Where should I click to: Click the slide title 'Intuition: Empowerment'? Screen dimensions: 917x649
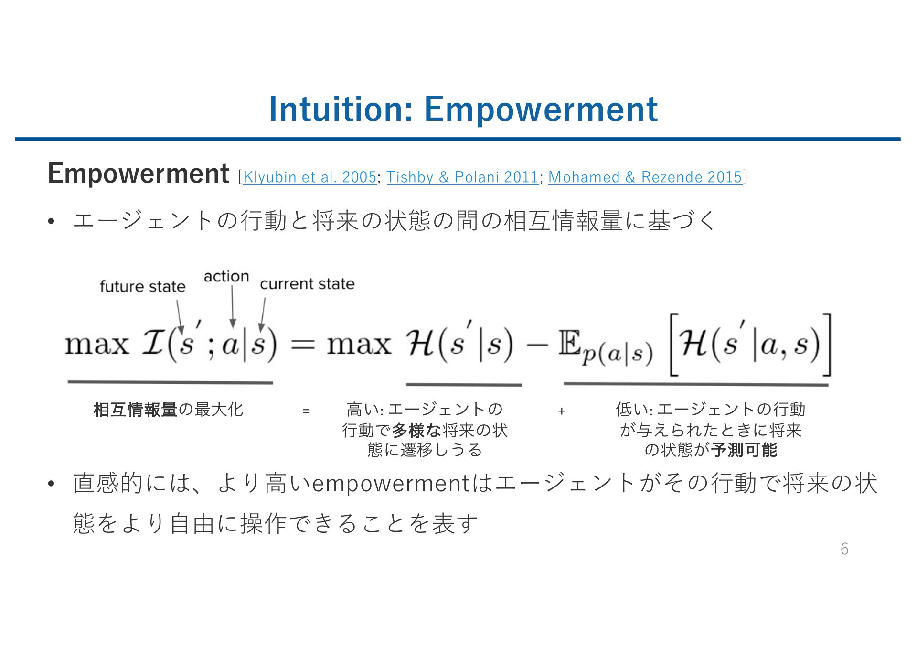coord(463,109)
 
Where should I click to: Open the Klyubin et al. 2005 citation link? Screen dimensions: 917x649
coord(309,177)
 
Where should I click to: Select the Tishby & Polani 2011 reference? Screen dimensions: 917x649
coord(462,177)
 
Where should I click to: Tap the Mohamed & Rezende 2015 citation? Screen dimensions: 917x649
coord(645,177)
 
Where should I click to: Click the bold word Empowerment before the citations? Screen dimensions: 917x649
coord(139,173)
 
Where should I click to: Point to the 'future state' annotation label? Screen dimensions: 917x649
coord(142,286)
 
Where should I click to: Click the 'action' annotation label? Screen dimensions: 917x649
coord(226,276)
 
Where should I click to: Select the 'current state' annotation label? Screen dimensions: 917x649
coord(307,284)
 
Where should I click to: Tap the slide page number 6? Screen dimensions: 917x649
coord(844,549)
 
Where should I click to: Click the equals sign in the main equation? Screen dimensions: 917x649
coord(302,344)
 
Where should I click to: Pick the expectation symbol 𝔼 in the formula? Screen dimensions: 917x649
coord(569,344)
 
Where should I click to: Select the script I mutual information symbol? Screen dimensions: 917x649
coord(153,344)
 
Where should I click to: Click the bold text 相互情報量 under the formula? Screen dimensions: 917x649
coord(135,410)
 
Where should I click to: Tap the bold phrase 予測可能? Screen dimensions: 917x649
coord(744,450)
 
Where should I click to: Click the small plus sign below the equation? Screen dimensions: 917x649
coord(562,411)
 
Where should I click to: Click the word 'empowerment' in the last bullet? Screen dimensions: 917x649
coord(391,484)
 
